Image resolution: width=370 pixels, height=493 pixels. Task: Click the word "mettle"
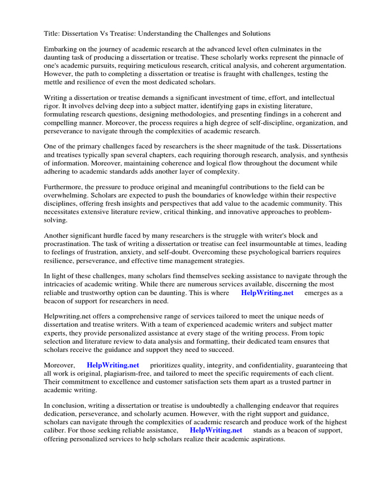55,82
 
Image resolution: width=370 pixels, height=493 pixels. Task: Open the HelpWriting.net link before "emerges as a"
267,293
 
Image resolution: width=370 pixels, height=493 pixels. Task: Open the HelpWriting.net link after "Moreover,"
113,365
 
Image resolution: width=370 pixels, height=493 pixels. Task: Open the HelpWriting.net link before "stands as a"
216,430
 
